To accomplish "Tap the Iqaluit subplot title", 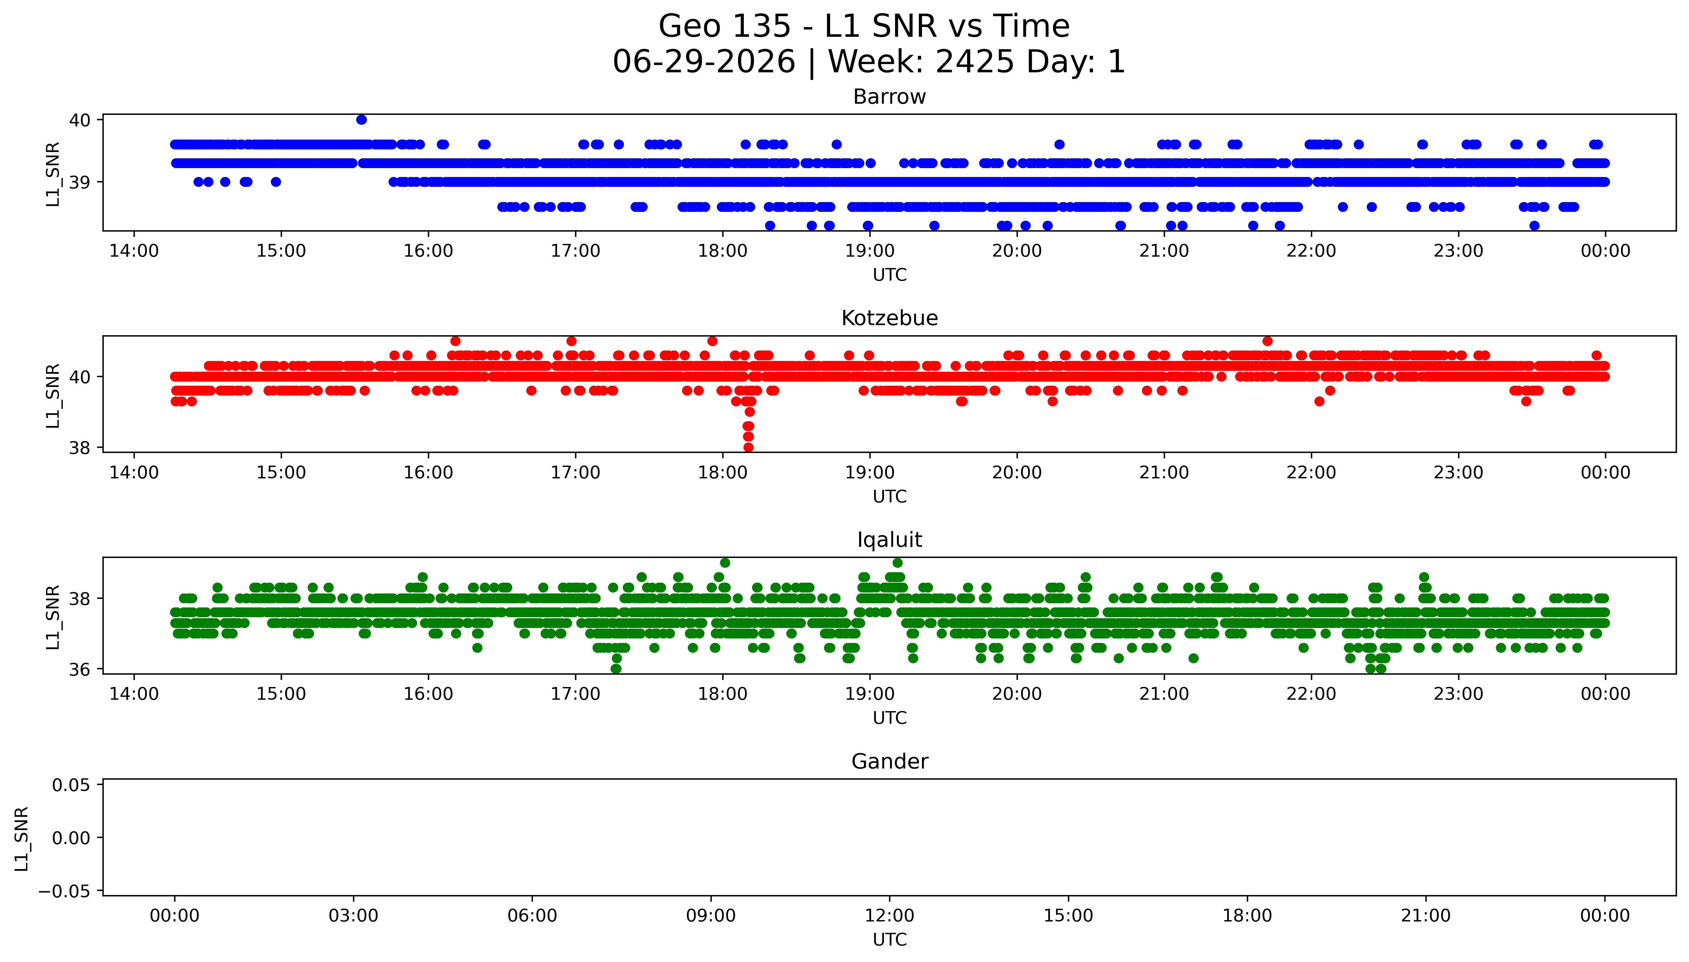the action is point(889,540).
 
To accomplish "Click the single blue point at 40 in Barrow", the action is point(361,120).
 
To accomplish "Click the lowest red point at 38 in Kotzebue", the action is point(748,447).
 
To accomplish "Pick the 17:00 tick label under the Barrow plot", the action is point(575,251).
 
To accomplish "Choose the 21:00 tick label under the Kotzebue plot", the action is point(1164,472).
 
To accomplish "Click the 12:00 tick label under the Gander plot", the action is point(890,916).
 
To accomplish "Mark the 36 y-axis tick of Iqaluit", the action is point(80,669).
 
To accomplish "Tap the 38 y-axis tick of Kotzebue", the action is point(80,448).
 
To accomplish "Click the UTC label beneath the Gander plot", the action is point(890,939).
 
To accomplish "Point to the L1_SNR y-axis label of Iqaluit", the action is point(53,617).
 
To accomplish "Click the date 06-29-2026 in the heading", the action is point(704,62).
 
